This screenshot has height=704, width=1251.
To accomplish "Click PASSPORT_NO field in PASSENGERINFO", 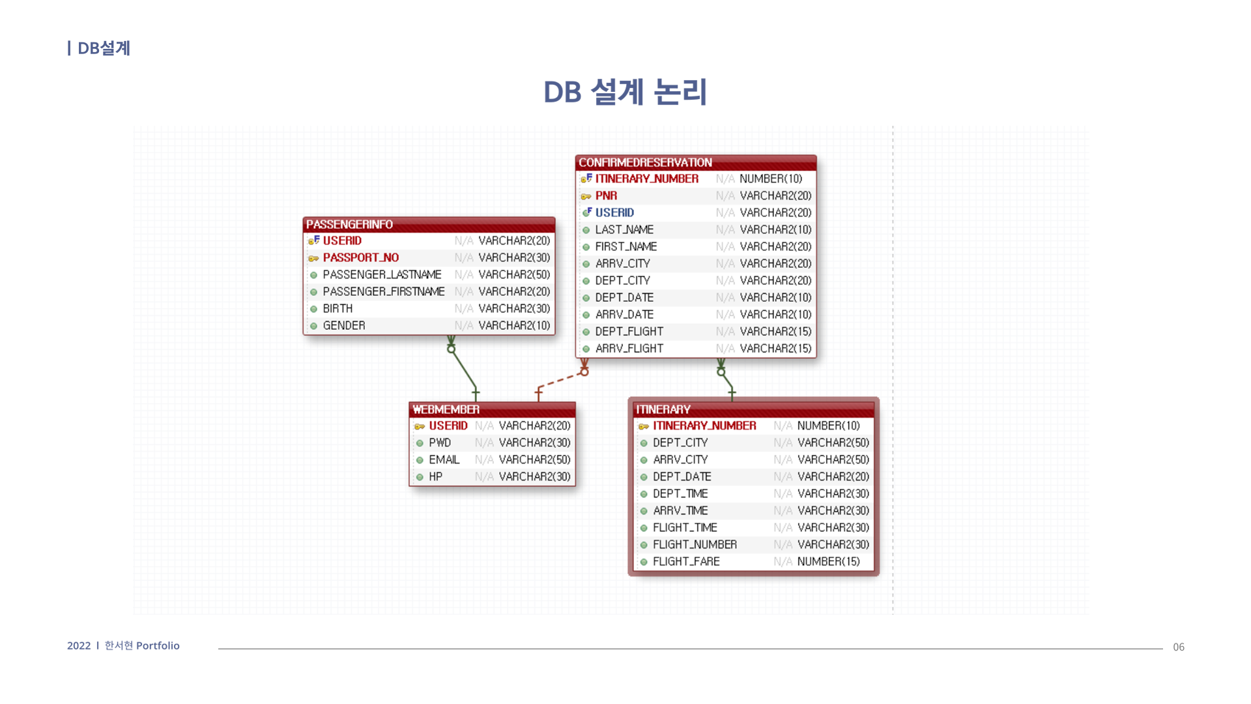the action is coord(360,257).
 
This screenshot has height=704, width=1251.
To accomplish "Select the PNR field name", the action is coord(606,196).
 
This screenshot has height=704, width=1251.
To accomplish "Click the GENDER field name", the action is coord(343,325).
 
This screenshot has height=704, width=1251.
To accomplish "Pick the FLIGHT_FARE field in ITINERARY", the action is coord(685,561).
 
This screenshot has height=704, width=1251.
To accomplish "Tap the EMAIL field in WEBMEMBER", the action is coord(444,460).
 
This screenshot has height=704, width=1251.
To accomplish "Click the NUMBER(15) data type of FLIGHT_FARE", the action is coord(828,561).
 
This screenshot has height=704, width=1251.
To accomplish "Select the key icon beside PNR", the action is coord(586,196).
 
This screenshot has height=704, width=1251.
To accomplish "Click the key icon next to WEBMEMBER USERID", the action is coord(420,426).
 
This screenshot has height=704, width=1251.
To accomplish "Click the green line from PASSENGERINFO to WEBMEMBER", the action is coord(463,370).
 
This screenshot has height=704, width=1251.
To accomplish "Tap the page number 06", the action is coord(1178,647).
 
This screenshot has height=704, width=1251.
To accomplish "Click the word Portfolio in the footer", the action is coord(158,645).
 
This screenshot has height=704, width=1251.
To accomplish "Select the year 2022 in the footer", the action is coord(79,645).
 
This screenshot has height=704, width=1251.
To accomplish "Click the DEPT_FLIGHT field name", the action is coord(629,331).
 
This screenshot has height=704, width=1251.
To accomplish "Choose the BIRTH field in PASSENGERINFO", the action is coord(338,308).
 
